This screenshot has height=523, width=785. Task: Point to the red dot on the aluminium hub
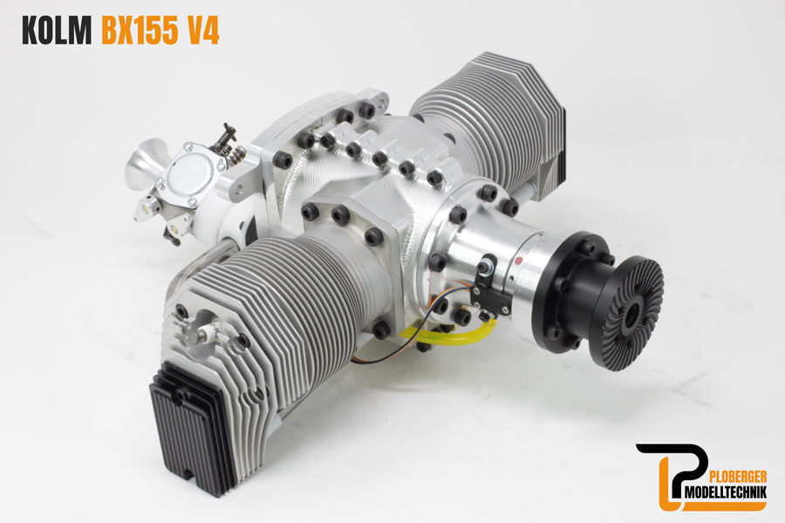pyautogui.click(x=518, y=259)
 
